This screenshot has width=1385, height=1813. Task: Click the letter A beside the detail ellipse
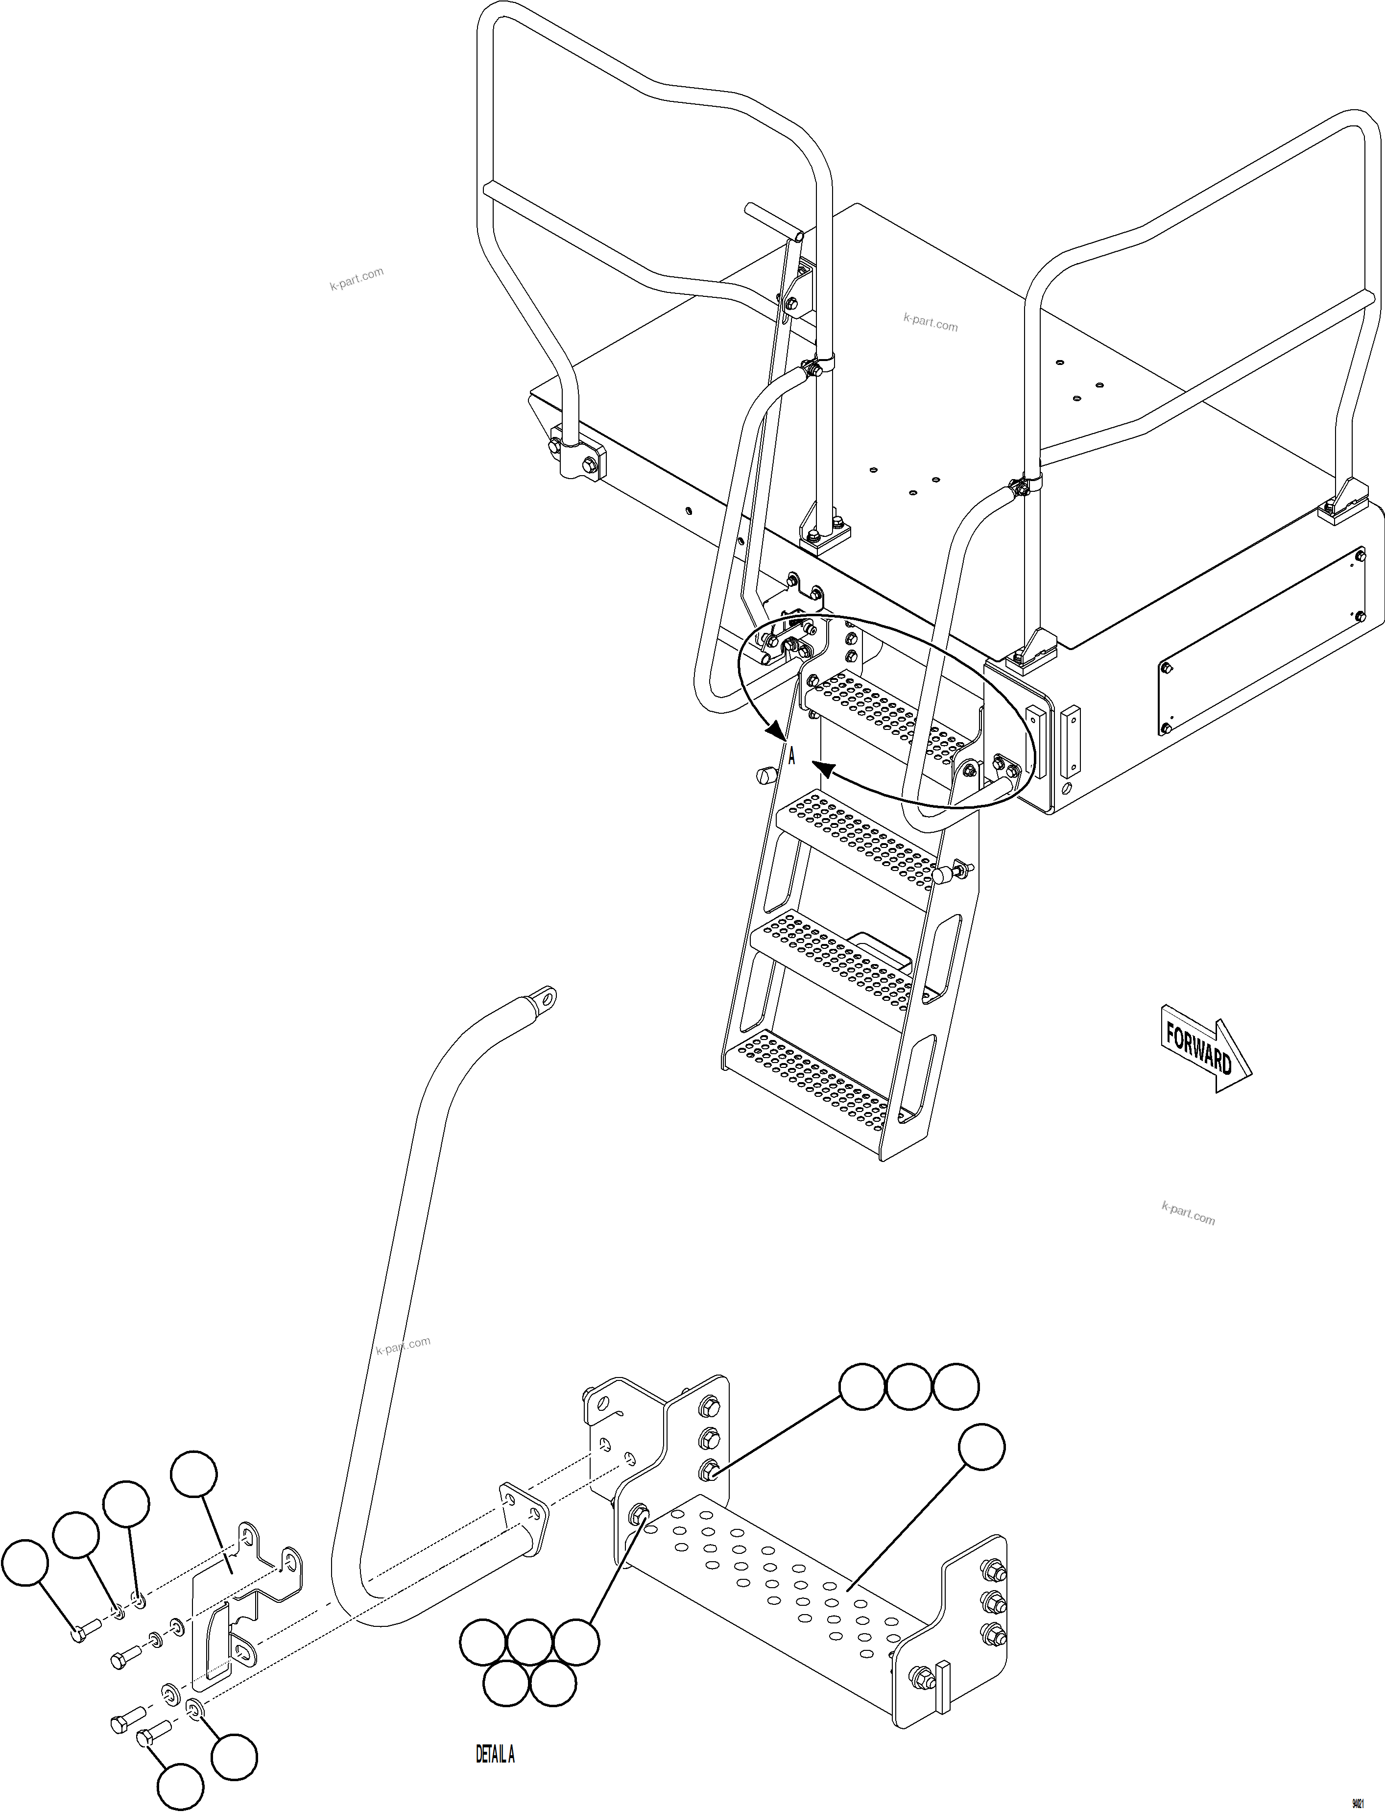pyautogui.click(x=791, y=756)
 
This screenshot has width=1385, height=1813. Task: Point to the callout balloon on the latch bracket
pyautogui.click(x=194, y=1476)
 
